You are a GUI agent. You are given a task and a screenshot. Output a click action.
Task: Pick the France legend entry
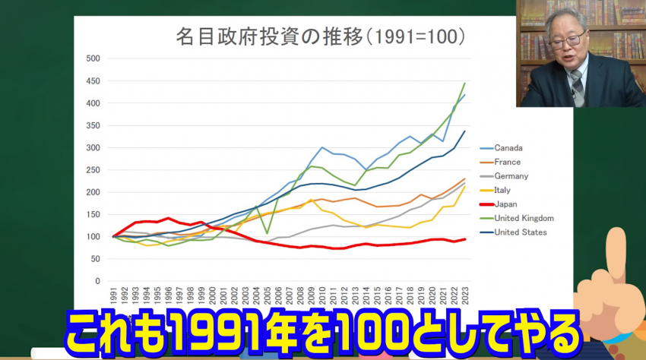pyautogui.click(x=507, y=162)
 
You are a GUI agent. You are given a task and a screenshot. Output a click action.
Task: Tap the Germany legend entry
pyautogui.click(x=511, y=176)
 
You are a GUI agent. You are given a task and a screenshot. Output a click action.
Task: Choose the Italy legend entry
pyautogui.click(x=502, y=190)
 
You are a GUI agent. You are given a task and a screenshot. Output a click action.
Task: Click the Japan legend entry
pyautogui.click(x=505, y=204)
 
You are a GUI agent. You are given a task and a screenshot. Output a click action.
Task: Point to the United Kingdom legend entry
pyautogui.click(x=524, y=218)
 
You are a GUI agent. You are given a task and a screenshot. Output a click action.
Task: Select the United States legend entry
pyautogui.click(x=521, y=232)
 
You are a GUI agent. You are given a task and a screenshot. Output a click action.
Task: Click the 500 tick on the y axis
pyautogui.click(x=93, y=58)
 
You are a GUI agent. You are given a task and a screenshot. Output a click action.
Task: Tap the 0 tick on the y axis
pyautogui.click(x=98, y=281)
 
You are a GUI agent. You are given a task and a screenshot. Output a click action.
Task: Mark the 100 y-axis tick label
pyautogui.click(x=93, y=237)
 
